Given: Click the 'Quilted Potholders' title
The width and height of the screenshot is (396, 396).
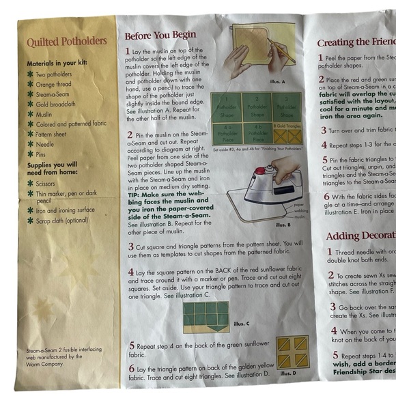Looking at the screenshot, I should (67, 42).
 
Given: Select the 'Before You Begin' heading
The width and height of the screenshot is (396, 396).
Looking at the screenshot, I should (160, 35).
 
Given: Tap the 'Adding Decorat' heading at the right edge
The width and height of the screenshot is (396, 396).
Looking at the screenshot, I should (360, 236).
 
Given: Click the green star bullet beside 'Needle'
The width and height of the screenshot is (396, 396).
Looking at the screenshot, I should (30, 145).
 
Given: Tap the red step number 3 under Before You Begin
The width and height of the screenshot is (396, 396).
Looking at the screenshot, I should (130, 245).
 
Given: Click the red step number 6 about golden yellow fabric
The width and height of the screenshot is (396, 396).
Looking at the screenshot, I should (130, 369).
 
